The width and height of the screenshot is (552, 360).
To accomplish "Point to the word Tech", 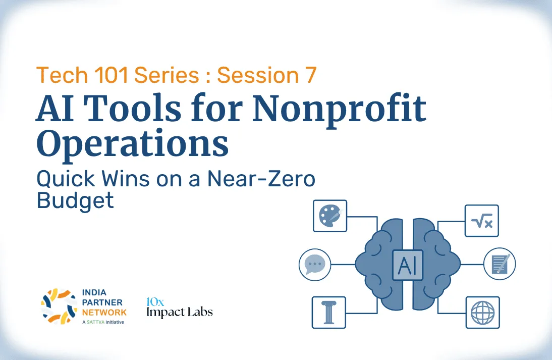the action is [x=62, y=75].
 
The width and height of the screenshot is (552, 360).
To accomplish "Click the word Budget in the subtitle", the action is [x=75, y=200].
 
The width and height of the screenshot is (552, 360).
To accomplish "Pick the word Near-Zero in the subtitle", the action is [x=261, y=179].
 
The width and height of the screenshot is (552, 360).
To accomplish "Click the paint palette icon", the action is [x=330, y=216].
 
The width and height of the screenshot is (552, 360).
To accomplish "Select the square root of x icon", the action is [x=481, y=221].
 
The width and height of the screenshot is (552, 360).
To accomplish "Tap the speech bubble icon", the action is [x=315, y=265].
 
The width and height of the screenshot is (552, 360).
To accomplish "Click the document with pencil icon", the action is [x=500, y=264].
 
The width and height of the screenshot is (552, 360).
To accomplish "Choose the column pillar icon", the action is [x=329, y=313].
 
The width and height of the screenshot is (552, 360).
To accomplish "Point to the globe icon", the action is [x=483, y=313].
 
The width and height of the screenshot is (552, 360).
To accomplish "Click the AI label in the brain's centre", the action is [x=408, y=265].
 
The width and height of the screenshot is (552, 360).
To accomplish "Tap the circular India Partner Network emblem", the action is [x=59, y=306].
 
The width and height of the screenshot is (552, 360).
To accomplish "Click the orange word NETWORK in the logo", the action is [x=104, y=313].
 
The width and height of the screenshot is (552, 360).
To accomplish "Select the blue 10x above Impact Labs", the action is [x=155, y=302].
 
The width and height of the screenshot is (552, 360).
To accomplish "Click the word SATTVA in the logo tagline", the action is [x=95, y=322].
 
